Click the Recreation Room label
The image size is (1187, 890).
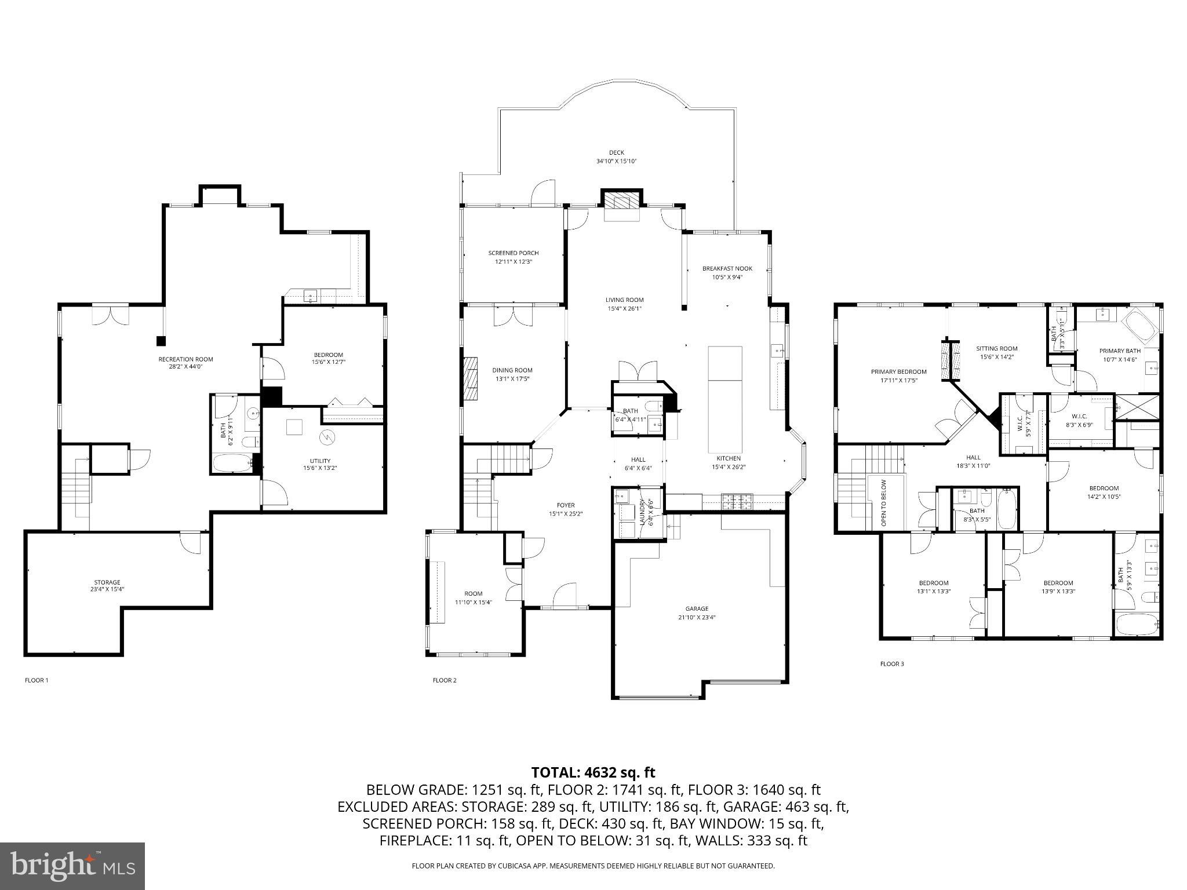(185, 359)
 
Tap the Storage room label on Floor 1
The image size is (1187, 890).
(107, 582)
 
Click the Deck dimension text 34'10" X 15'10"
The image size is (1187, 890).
(617, 161)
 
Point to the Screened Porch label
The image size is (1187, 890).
(513, 253)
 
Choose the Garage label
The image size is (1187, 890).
(697, 608)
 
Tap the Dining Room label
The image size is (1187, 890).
(512, 370)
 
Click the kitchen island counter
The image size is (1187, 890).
(725, 400)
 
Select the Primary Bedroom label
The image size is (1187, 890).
(898, 372)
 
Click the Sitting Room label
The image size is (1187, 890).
(996, 349)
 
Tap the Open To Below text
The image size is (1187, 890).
(884, 502)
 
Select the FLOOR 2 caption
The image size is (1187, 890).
(445, 680)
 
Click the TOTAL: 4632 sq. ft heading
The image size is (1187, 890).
(593, 772)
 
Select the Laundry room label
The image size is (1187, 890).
(642, 512)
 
